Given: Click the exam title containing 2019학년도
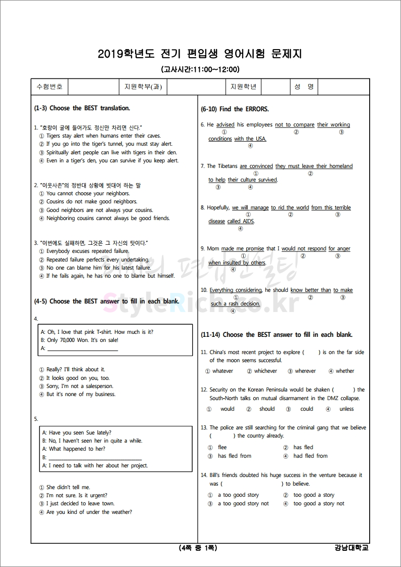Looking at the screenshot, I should tap(200, 54).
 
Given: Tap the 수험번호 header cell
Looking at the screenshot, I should tap(50, 86).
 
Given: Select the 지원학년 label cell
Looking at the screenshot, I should tap(243, 86).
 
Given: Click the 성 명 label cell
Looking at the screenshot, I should tap(304, 86).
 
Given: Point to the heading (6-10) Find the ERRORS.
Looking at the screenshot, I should tap(235, 109).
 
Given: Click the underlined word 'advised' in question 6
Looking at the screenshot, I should tap(225, 125).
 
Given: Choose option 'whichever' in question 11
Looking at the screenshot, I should tap(265, 371).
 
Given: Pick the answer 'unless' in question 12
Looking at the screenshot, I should tap(346, 409).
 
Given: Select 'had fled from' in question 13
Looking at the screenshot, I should tap(310, 456).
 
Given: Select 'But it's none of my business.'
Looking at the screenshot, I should tap(80, 395).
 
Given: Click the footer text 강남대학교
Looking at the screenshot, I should tap(351, 548).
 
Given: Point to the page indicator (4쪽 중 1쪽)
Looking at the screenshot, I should tap(198, 548).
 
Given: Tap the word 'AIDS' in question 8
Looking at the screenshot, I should tap(248, 222).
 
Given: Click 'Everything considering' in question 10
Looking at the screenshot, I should tap(236, 290).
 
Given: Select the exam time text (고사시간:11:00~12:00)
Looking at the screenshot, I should tap(200, 69).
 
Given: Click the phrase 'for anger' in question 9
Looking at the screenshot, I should tap(339, 249).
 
